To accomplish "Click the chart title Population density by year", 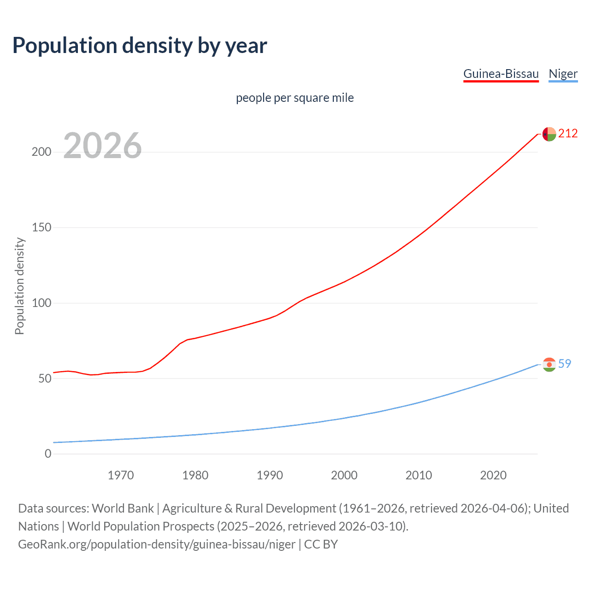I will tap(140, 46).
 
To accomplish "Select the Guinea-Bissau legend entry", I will tap(501, 74).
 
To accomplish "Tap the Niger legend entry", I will tap(563, 74).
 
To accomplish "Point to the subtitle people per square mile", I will tap(295, 98).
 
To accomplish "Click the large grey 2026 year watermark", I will tap(102, 146).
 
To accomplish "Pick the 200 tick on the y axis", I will tap(41, 152).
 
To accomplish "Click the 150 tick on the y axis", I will tap(41, 228).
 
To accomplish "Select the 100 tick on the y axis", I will tap(41, 303).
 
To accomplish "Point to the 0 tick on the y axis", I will tap(48, 454).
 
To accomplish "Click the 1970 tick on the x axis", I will tap(121, 475).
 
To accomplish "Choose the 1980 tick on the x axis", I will tap(195, 475).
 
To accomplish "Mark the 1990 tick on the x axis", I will tap(270, 475).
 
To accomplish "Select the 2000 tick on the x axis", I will tap(344, 475).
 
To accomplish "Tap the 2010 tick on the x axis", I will tap(419, 475).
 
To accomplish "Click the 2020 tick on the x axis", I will tap(493, 475).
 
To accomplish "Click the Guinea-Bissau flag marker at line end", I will tap(549, 134).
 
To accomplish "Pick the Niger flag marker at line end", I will tap(549, 365).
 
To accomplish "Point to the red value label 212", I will tap(568, 134).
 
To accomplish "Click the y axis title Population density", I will tap(19, 286).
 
